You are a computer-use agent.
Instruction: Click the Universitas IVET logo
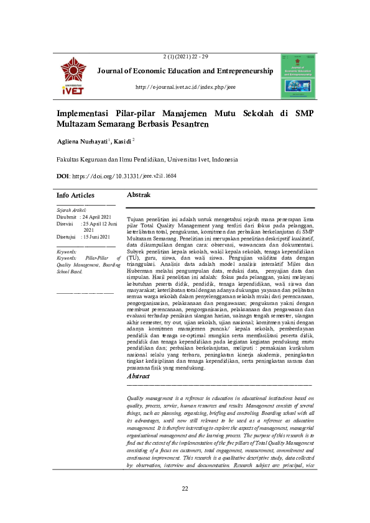(x=73, y=76)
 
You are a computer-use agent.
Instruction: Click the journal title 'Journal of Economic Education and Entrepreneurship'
(x=185, y=71)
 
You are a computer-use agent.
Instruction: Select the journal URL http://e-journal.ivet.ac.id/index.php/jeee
(x=185, y=87)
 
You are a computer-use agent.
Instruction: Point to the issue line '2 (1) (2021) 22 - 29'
(x=185, y=57)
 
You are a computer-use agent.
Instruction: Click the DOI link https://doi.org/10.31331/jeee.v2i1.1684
(x=124, y=176)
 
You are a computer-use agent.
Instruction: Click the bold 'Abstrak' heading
(x=139, y=195)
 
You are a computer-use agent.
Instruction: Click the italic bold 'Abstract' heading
(x=138, y=377)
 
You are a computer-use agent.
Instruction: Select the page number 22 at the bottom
(x=185, y=489)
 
